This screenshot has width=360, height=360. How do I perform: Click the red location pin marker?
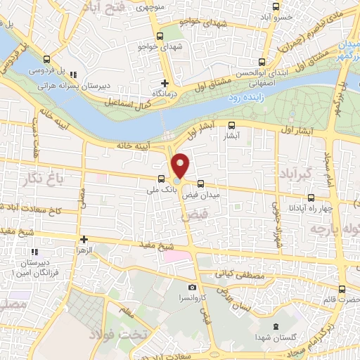coord(181,166)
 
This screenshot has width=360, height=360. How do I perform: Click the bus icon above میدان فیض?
coord(200,183)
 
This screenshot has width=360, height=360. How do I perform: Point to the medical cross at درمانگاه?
coord(165,82)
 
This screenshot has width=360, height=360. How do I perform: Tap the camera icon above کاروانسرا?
coord(192,288)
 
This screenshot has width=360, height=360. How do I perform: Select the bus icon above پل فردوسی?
coord(46,60)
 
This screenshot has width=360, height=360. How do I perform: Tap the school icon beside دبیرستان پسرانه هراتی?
coord(74,75)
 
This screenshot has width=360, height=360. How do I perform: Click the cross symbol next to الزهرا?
coord(84,240)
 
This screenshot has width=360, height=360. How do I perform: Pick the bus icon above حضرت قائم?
coord(342,289)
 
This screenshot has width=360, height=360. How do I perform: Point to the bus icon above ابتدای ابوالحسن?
coord(262,61)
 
